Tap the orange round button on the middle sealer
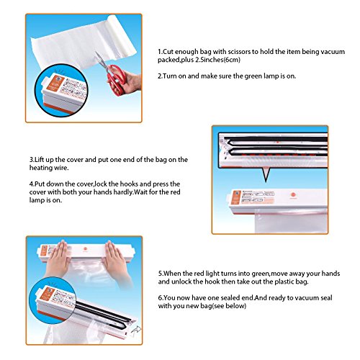coord(293,195)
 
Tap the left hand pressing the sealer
coord(57,259)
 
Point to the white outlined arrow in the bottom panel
coord(136,330)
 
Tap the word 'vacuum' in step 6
coord(307,298)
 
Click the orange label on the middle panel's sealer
coord(236,197)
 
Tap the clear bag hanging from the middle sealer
coord(291,221)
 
